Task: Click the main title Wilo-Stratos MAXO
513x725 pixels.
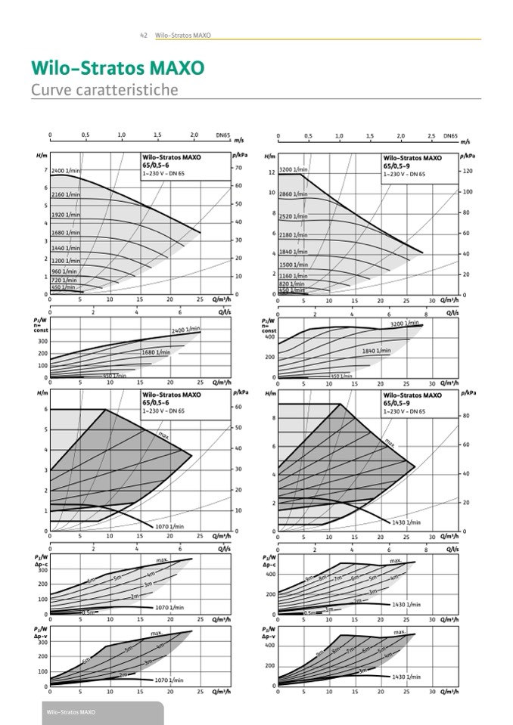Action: click(x=117, y=68)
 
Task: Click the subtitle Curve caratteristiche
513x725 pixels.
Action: click(x=104, y=90)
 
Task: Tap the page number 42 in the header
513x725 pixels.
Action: click(x=143, y=36)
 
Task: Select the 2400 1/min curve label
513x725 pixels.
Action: click(x=66, y=172)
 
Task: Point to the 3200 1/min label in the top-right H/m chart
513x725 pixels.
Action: click(x=294, y=170)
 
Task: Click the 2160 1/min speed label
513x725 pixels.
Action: click(x=66, y=195)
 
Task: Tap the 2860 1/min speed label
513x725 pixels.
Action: click(x=294, y=194)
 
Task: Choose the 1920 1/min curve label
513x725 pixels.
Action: click(x=66, y=215)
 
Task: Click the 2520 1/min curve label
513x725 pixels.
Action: click(x=294, y=216)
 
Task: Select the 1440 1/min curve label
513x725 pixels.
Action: click(x=66, y=248)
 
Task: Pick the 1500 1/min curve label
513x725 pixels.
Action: click(x=294, y=265)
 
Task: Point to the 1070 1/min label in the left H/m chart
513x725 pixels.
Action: click(x=169, y=526)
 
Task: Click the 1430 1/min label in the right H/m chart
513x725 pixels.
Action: click(x=406, y=522)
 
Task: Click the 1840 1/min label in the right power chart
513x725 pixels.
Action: click(x=376, y=350)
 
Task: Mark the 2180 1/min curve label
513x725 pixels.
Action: click(x=294, y=235)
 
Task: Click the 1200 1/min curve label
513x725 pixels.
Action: click(x=66, y=260)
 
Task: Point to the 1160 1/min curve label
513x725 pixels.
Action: click(x=294, y=277)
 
